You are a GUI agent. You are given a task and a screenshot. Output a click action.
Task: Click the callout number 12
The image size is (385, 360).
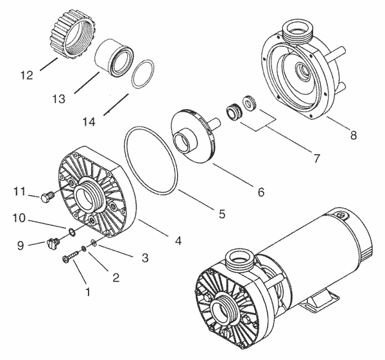(26, 76)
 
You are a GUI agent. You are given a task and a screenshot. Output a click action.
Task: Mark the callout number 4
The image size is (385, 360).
(178, 241)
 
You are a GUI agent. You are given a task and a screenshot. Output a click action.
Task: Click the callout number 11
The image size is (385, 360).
(19, 191)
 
